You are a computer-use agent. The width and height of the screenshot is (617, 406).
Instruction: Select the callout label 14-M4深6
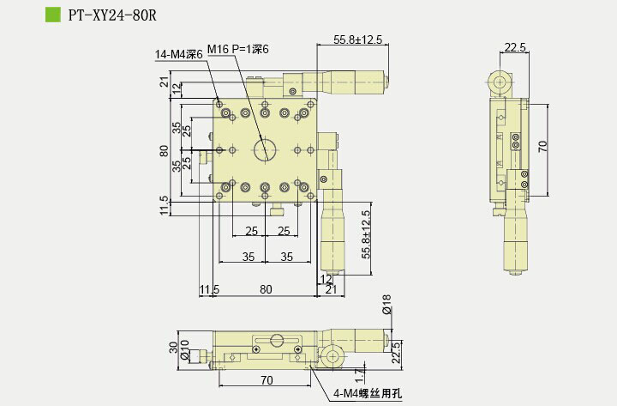pos(178,55)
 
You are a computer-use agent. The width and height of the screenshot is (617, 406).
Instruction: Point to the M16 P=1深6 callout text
pos(238,50)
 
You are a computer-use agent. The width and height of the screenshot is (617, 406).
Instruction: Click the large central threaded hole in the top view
pos(265,150)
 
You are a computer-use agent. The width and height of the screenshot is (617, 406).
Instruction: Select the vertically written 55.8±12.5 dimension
pos(366,235)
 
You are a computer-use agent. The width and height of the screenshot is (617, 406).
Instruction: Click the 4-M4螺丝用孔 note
pos(367,395)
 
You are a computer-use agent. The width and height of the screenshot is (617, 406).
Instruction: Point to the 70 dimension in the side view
pos(542,147)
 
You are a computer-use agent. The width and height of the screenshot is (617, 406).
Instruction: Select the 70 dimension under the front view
pos(267,379)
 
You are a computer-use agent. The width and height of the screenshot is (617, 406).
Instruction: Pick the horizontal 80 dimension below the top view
pos(267,289)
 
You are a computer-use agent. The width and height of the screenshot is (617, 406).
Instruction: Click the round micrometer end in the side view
pos(499,82)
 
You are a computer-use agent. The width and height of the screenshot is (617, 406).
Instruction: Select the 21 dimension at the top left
pos(164,82)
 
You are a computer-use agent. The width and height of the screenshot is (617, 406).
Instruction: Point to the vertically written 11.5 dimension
pos(164,206)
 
